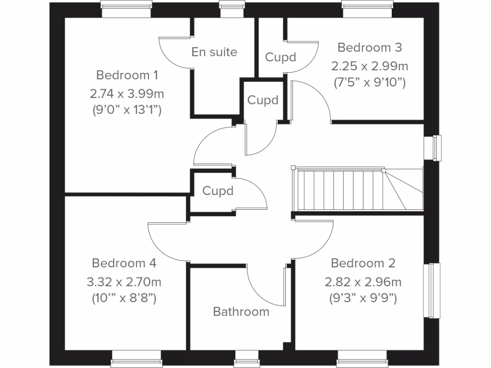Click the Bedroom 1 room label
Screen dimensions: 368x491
click(x=127, y=75)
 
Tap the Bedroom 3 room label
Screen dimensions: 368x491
click(x=370, y=47)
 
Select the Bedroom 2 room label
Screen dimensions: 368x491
click(x=363, y=263)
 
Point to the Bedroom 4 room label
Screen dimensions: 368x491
click(x=124, y=263)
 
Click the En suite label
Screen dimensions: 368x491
click(x=214, y=52)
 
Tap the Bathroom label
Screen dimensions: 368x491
click(x=241, y=312)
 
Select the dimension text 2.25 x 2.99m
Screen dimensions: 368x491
click(x=370, y=65)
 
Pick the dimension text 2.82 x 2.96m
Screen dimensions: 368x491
click(x=363, y=281)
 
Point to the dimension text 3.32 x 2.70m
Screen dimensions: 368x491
click(x=124, y=281)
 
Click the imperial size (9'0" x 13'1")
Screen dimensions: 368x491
click(x=127, y=110)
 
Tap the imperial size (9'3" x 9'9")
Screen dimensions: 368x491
click(x=363, y=299)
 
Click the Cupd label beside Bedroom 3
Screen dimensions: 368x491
click(x=281, y=57)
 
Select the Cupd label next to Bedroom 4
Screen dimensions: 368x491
click(x=218, y=191)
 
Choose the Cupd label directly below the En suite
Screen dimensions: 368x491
click(x=263, y=101)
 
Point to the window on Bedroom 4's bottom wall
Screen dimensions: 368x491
click(x=137, y=358)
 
